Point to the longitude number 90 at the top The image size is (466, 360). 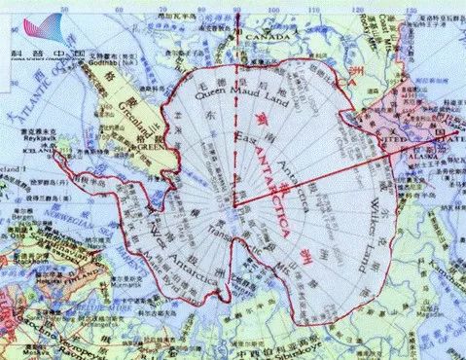point(236,9)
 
